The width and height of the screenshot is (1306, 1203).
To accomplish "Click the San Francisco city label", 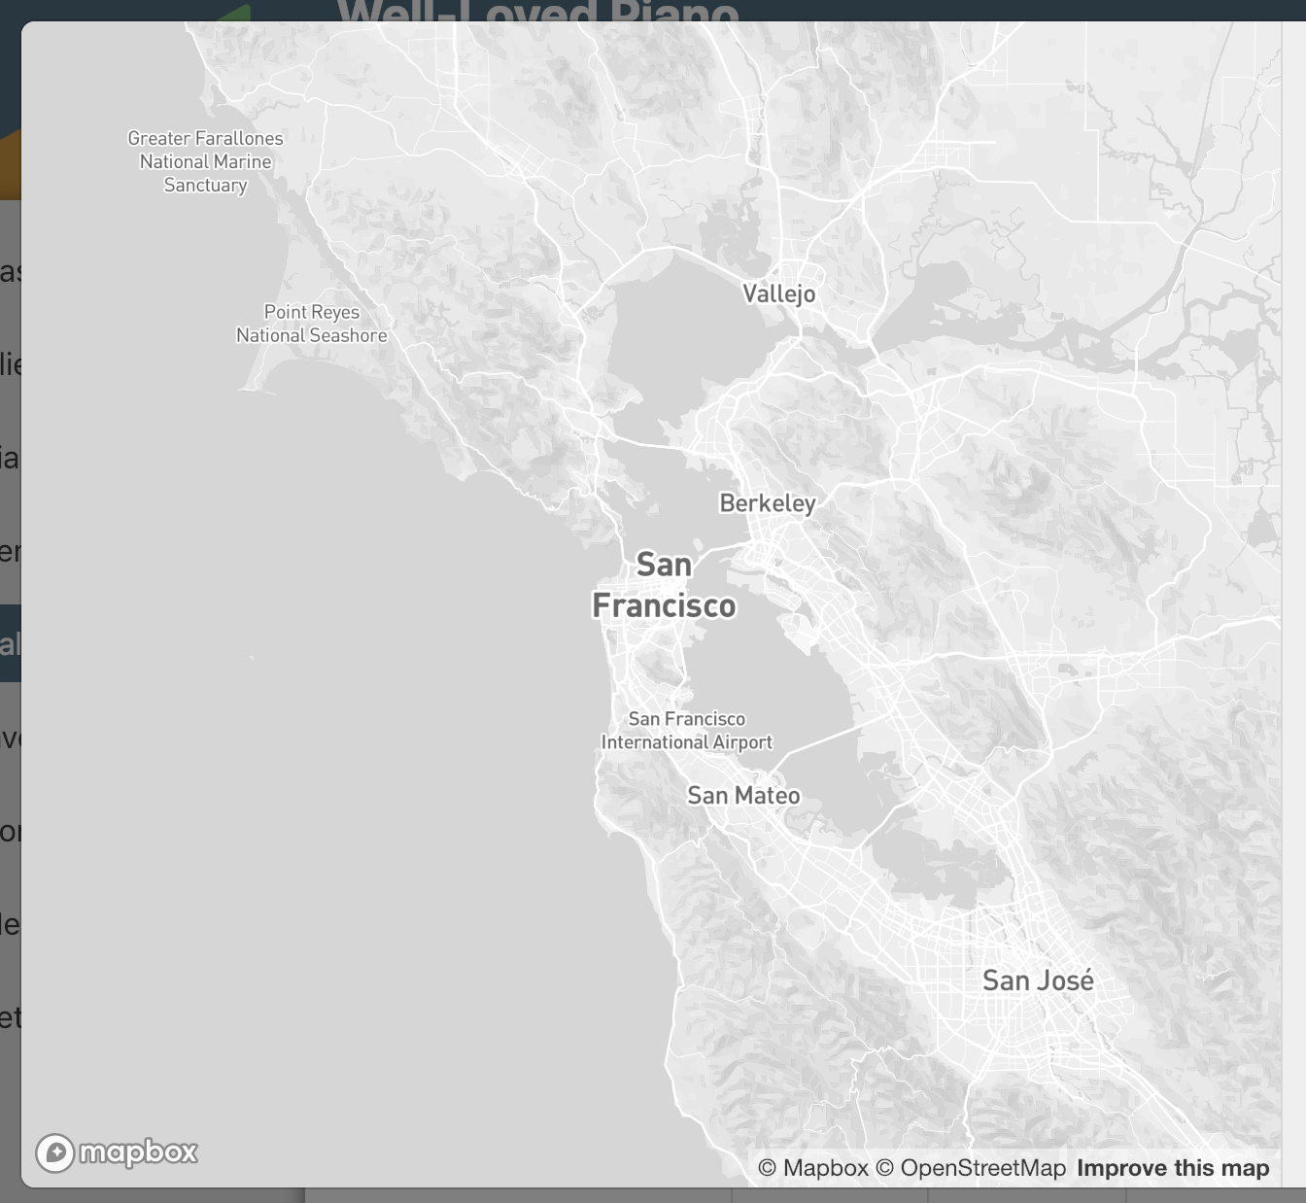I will click(x=664, y=585).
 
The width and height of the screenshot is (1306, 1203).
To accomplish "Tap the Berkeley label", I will click(x=768, y=503).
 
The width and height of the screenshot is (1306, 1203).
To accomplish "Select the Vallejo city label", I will click(x=778, y=293).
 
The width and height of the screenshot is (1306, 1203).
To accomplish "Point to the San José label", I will click(x=1038, y=980).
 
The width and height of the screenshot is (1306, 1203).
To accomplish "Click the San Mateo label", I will click(x=743, y=796).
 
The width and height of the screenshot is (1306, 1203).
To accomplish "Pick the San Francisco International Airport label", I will click(x=686, y=731).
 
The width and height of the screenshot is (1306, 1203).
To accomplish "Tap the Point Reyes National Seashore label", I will click(x=311, y=324).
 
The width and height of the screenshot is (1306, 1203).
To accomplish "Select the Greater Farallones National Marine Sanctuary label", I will click(x=205, y=161).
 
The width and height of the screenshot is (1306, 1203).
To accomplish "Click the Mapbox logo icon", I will click(x=55, y=1153).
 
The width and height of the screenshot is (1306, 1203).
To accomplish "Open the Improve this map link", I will click(x=1173, y=1168).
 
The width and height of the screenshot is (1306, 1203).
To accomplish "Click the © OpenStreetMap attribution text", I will click(x=971, y=1168).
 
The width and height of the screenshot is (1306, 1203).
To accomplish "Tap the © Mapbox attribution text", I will click(x=812, y=1168).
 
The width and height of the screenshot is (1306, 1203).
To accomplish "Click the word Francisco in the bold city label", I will click(x=664, y=606).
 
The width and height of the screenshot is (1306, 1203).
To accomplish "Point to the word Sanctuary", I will click(x=205, y=186).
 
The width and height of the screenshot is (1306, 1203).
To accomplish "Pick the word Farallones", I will click(x=239, y=139).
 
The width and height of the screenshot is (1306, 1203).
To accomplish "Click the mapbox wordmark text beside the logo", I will click(x=138, y=1152).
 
